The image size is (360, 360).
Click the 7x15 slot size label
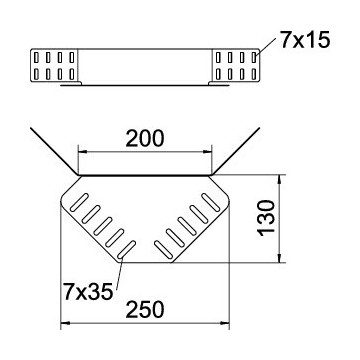(305, 40)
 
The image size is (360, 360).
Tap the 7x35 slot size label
(88, 293)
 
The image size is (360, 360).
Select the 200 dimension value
(145, 139)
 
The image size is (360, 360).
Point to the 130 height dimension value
(268, 218)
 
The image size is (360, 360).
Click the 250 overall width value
(145, 310)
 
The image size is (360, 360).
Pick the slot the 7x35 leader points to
(127, 249)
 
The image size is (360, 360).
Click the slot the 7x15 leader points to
(254, 57)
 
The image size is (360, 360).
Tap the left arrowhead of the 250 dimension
(65, 323)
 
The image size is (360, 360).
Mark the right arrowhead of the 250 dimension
(225, 323)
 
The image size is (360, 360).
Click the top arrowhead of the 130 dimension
(280, 179)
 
